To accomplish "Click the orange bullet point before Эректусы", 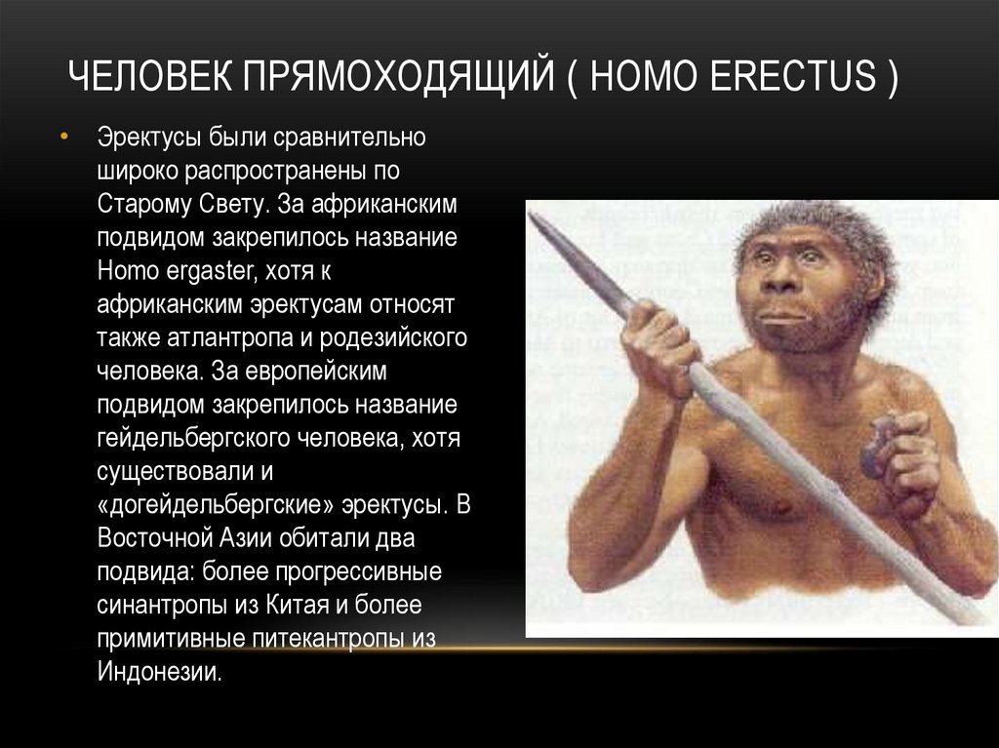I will click(x=63, y=138).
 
